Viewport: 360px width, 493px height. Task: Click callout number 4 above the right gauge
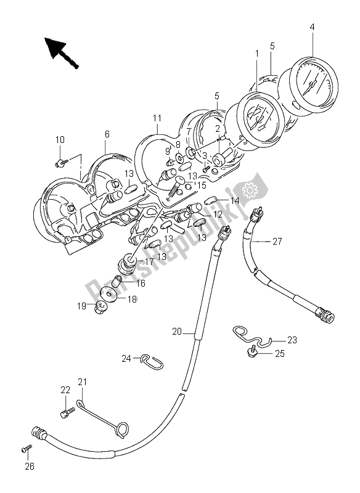[312, 27]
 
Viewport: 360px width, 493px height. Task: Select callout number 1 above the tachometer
[256, 54]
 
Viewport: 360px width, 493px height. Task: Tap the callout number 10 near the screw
[59, 141]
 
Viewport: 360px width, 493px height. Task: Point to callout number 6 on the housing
[107, 134]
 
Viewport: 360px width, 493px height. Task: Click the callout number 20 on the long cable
[177, 332]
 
